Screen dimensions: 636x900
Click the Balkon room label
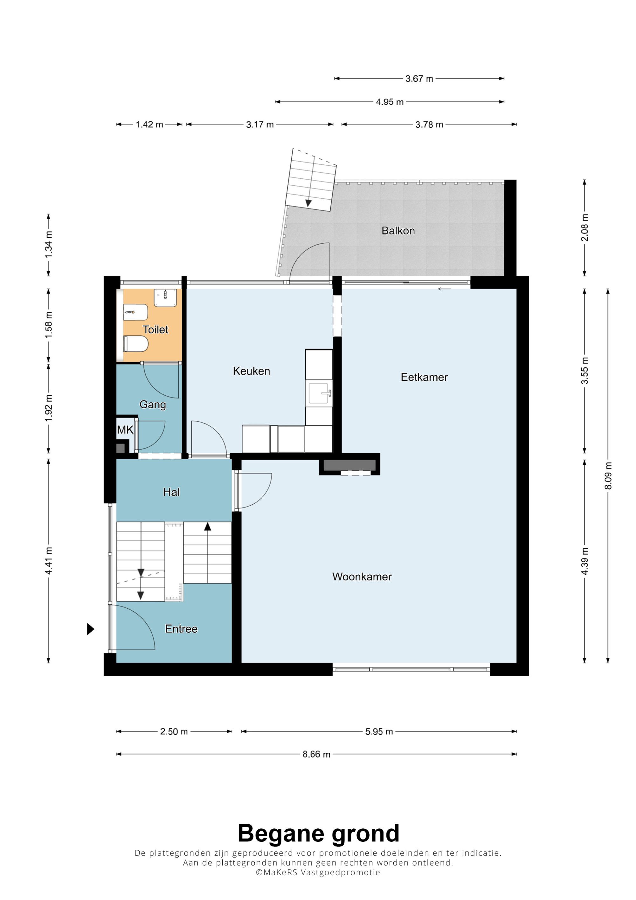[398, 231]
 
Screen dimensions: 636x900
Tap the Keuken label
[252, 371]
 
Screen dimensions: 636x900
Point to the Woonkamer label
[362, 577]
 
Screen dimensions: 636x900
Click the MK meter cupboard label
[125, 430]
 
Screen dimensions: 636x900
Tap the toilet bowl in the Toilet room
[135, 344]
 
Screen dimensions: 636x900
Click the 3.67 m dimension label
[419, 79]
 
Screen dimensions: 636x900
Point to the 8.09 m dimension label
[608, 475]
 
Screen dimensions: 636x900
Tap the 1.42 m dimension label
[149, 125]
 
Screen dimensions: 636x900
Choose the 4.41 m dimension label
[49, 561]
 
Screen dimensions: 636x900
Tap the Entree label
[181, 629]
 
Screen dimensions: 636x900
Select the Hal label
[171, 492]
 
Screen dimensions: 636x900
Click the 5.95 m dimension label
[379, 731]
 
